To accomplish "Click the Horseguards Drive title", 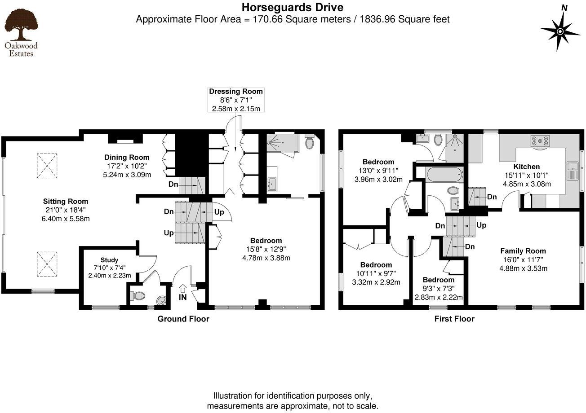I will (x=293, y=7).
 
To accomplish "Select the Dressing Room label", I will (x=236, y=92).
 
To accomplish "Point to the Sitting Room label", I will (x=66, y=202).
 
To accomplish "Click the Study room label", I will (x=109, y=260).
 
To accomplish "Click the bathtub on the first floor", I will (x=444, y=174).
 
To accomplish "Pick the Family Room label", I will (x=523, y=251).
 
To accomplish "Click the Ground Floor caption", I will (x=183, y=319).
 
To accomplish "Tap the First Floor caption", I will (x=454, y=319).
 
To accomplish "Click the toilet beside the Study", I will (x=138, y=296).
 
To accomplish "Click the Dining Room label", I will (x=127, y=158).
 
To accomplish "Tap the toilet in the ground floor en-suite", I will (x=310, y=142).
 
